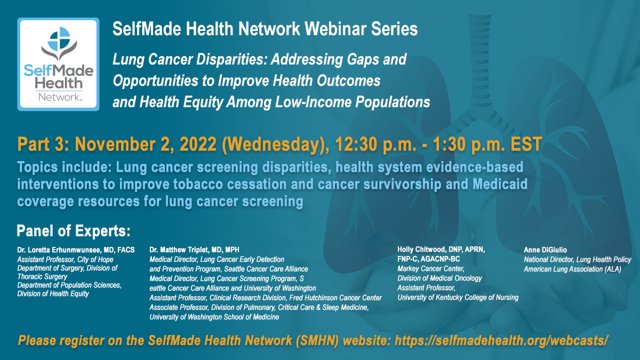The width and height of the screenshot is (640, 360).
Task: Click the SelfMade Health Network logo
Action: [x=58, y=65]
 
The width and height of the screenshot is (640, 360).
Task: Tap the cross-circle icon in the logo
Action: [x=59, y=38]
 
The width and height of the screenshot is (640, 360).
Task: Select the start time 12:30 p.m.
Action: [x=375, y=145]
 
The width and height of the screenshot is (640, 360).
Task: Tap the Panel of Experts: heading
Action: [x=74, y=231]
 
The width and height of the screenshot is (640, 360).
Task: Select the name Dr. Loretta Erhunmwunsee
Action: [x=59, y=250]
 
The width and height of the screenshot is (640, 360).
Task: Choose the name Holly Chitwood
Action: [x=421, y=250]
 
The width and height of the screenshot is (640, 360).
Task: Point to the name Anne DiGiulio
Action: [x=545, y=250]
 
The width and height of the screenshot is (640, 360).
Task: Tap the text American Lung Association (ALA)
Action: [x=572, y=269]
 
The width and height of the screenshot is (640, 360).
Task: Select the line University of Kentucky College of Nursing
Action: [x=458, y=298]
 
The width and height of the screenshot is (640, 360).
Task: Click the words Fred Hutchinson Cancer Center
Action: [x=335, y=298]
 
